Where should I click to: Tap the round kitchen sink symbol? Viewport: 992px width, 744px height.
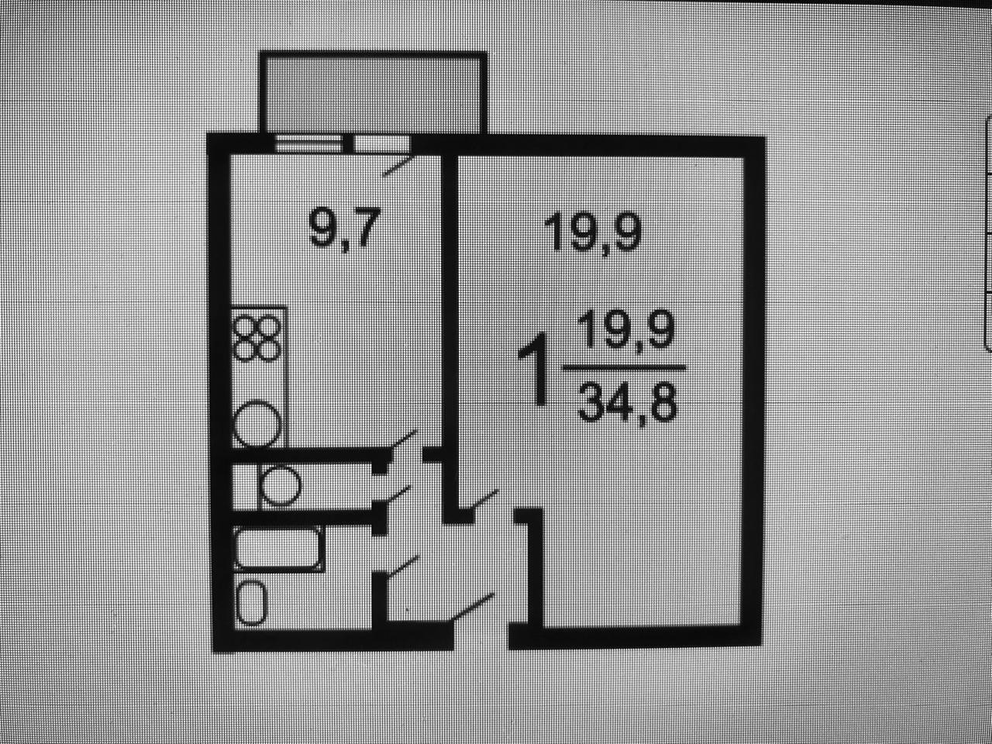click(257, 424)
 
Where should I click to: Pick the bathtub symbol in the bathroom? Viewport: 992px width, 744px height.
click(278, 549)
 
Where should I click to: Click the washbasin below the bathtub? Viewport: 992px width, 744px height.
click(252, 604)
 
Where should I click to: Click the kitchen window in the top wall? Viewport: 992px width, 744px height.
click(308, 143)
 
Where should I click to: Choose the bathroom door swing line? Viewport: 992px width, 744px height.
click(403, 566)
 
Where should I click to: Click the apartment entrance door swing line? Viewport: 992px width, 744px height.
click(473, 606)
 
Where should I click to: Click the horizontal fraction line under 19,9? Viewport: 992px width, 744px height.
click(625, 367)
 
